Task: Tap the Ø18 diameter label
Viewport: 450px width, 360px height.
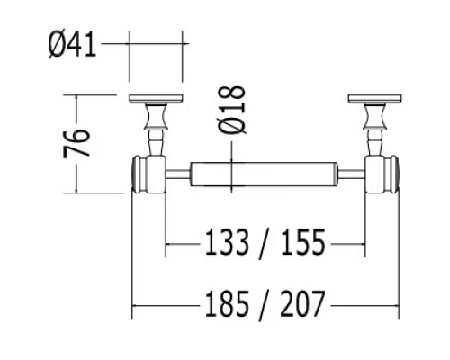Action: [232, 111]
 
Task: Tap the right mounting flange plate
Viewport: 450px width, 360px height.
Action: [373, 99]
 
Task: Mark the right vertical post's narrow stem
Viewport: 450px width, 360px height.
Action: [373, 141]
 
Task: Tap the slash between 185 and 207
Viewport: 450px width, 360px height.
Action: [262, 306]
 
